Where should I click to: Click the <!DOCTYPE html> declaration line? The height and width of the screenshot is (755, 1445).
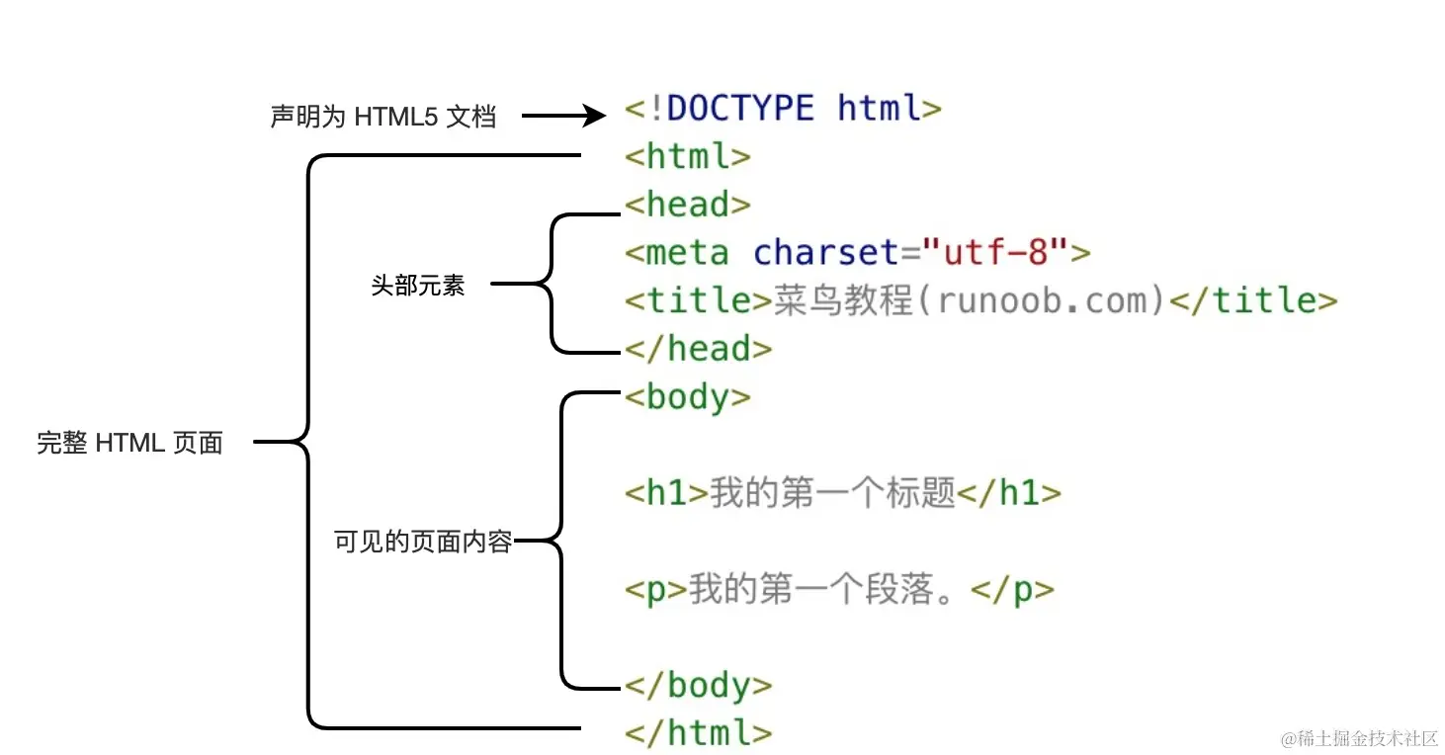tap(783, 108)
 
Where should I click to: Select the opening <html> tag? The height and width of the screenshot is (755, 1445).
tap(688, 156)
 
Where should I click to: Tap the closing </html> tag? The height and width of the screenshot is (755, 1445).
tap(698, 732)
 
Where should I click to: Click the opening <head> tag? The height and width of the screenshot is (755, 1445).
tap(688, 205)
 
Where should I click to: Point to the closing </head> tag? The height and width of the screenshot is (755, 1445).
tap(698, 348)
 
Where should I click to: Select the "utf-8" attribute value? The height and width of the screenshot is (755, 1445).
tap(995, 252)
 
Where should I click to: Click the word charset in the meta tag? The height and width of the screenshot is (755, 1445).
tap(827, 252)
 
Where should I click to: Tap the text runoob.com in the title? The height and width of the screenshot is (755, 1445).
tap(1051, 300)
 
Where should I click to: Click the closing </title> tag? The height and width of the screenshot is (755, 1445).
tap(1253, 300)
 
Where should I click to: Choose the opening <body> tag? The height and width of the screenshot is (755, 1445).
tap(688, 396)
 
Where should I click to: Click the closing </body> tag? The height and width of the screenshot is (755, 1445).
tap(698, 684)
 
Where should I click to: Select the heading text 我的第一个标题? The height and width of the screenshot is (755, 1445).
tap(832, 492)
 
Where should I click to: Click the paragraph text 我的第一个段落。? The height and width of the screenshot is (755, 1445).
tap(828, 589)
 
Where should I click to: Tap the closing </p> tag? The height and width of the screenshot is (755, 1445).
tap(1013, 590)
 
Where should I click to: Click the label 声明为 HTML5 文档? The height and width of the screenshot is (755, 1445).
tap(383, 117)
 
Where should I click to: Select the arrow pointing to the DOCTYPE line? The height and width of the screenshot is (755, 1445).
tap(562, 117)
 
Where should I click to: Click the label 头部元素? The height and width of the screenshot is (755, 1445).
tap(418, 287)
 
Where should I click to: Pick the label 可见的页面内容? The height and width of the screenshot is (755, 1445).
tap(423, 542)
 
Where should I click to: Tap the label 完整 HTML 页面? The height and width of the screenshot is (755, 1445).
tap(130, 443)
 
